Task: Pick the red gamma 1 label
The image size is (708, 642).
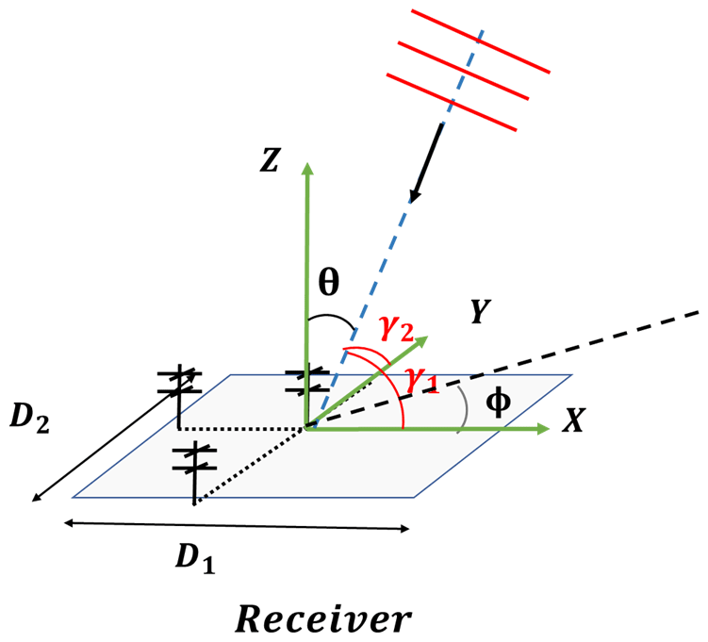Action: [421, 381]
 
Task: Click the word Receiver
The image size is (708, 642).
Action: [323, 618]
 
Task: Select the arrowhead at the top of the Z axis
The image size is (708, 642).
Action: [306, 170]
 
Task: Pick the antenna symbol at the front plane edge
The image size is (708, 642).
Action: [194, 462]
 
